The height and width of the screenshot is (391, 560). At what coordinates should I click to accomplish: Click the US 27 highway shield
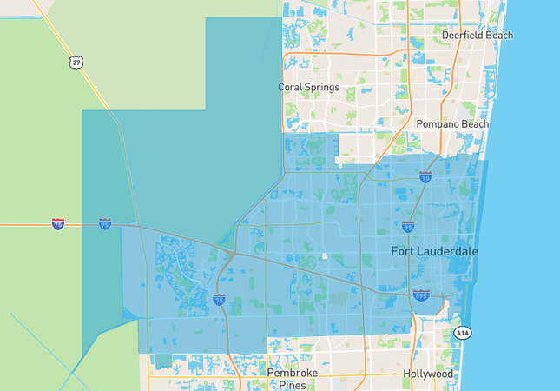(77, 63)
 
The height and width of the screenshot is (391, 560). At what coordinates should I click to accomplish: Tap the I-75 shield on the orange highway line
(57, 224)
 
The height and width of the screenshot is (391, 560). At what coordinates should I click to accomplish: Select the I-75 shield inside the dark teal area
(104, 224)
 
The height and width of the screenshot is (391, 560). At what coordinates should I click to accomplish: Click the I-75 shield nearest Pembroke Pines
(219, 299)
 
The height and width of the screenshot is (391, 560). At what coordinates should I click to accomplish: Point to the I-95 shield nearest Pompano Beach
(425, 176)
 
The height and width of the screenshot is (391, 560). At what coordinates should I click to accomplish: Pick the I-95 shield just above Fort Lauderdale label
(408, 226)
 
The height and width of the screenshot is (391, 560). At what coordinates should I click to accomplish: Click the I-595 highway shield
(421, 295)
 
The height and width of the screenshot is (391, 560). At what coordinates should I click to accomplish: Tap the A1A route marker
(463, 333)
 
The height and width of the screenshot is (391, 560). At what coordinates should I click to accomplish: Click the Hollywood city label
(427, 374)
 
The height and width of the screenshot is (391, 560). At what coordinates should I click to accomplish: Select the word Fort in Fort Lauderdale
(404, 252)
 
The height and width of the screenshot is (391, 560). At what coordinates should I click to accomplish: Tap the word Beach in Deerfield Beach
(500, 36)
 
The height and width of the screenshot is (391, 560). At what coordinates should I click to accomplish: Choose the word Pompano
(437, 124)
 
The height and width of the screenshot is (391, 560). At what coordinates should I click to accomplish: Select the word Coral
(293, 87)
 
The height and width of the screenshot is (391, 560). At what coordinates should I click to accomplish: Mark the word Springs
(328, 87)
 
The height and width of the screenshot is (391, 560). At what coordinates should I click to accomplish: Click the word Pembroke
(293, 373)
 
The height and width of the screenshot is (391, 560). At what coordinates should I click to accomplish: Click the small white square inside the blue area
(324, 255)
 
